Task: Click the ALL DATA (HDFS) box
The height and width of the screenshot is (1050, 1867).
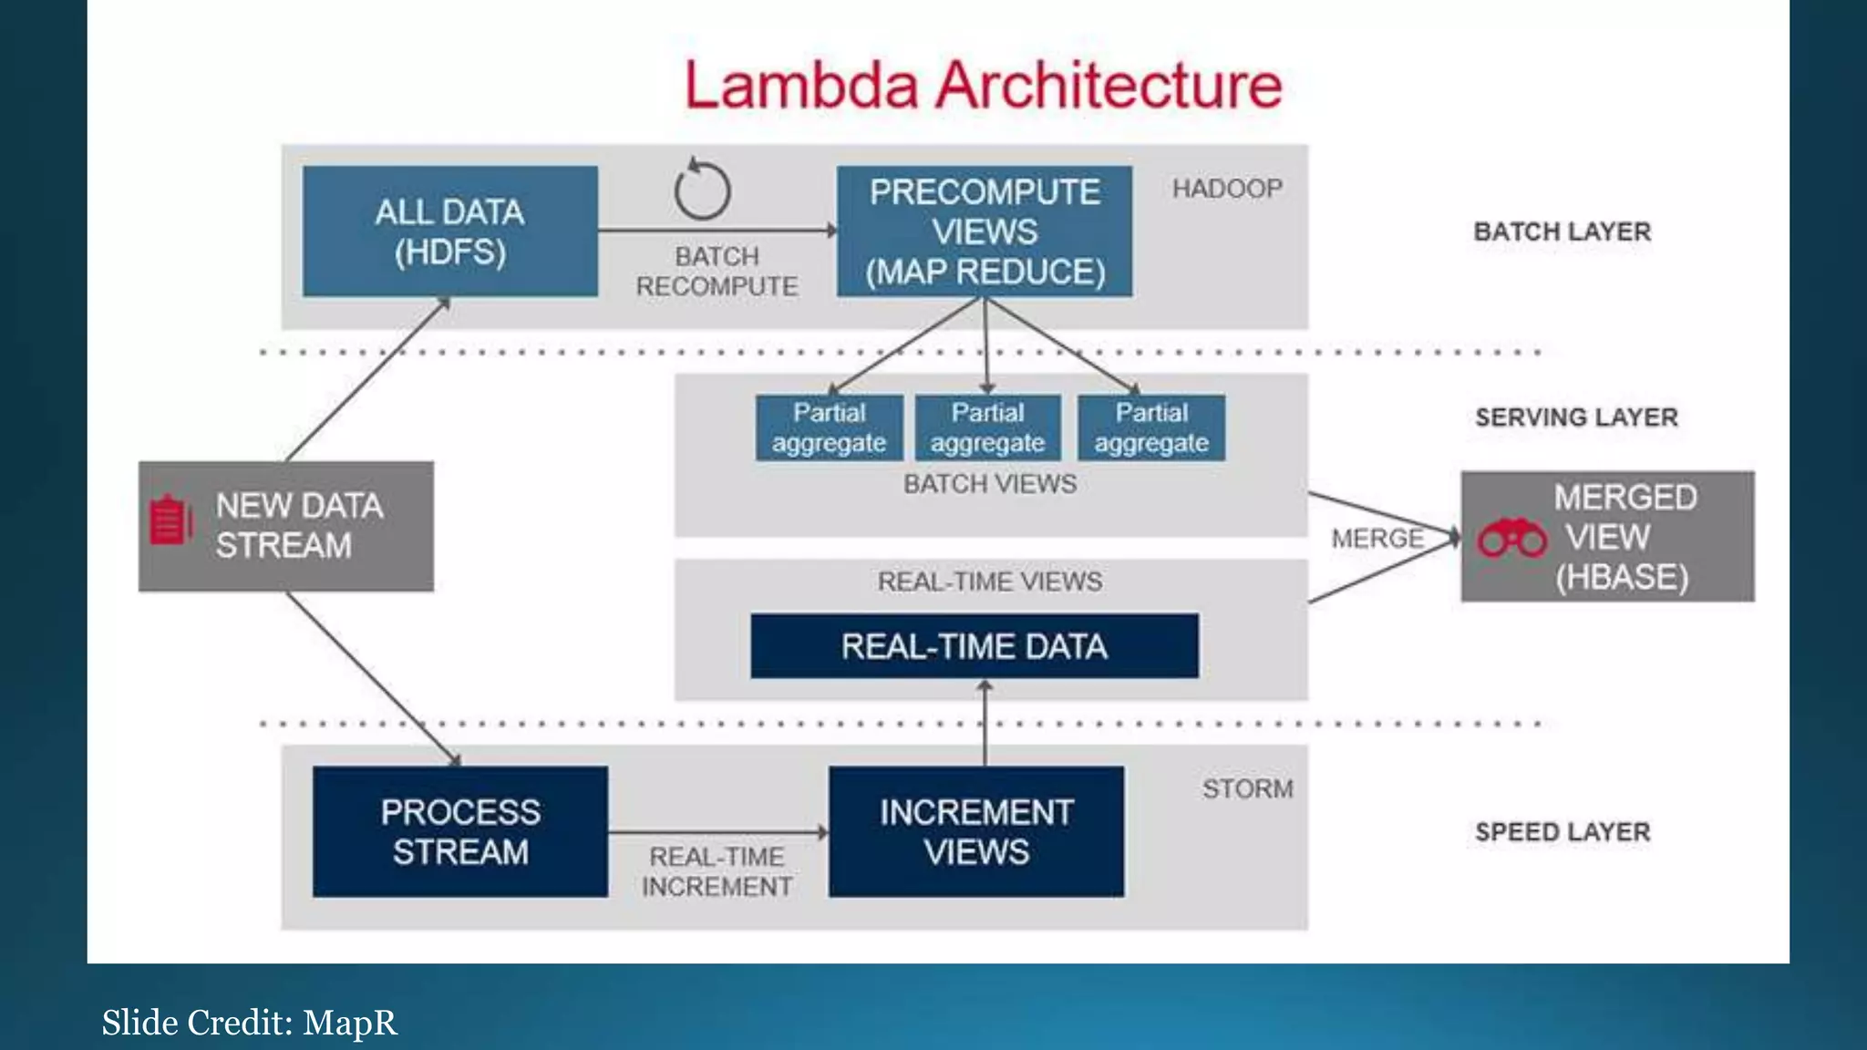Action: click(x=450, y=232)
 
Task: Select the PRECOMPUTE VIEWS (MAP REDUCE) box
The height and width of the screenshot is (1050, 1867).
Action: click(x=985, y=232)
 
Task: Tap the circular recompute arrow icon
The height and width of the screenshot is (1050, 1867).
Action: click(x=702, y=190)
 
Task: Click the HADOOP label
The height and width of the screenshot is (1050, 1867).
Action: click(x=1227, y=189)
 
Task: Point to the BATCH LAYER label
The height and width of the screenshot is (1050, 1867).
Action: click(x=1562, y=232)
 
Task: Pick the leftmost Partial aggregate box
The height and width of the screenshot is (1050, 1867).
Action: click(x=829, y=427)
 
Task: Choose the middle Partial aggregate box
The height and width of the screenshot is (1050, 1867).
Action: click(x=987, y=427)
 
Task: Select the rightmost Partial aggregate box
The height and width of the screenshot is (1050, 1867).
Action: click(x=1151, y=427)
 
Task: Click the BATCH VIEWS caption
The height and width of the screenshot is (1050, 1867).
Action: click(x=990, y=484)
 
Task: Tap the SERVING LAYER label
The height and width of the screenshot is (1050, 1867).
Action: click(x=1576, y=417)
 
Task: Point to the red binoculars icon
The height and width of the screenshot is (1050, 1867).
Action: click(x=1512, y=538)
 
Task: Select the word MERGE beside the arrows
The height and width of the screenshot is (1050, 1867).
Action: click(x=1377, y=539)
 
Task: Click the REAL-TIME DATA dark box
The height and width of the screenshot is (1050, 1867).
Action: click(x=975, y=646)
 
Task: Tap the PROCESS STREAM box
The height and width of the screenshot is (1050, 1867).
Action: click(x=460, y=832)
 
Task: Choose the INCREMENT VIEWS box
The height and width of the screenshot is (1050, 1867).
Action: click(x=976, y=832)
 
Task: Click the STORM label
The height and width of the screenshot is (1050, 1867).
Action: click(x=1247, y=788)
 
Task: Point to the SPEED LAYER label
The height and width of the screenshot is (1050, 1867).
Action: click(x=1563, y=832)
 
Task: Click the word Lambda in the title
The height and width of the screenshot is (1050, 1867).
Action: click(x=801, y=86)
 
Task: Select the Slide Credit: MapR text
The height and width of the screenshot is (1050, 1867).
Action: click(x=249, y=1023)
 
